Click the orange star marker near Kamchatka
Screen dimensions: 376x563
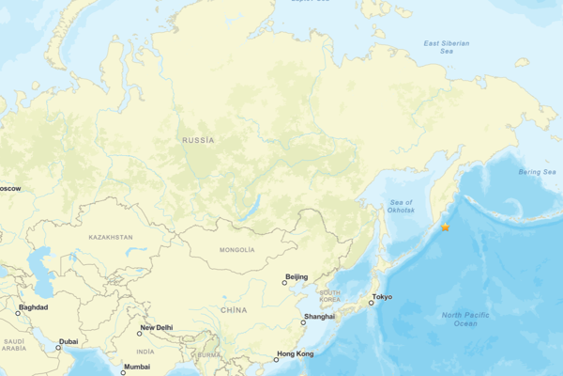pos(445,227)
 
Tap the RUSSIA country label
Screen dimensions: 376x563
pos(198,140)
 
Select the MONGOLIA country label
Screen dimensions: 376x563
pos(236,250)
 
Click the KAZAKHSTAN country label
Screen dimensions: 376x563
pos(111,238)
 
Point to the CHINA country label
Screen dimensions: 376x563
pos(234,309)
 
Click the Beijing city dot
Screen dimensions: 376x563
pos(284,282)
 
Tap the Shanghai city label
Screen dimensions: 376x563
pos(320,317)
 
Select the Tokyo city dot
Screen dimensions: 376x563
pos(371,303)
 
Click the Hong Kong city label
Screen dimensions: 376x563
pos(295,354)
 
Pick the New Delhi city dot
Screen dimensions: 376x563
pos(139,334)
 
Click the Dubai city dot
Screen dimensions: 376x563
pos(57,347)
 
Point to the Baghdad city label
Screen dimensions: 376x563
pos(32,307)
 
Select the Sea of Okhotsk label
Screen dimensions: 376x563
pos(402,207)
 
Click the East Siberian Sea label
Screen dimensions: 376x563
pos(445,47)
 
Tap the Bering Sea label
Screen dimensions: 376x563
pos(538,172)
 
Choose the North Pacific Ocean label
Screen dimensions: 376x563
pos(465,319)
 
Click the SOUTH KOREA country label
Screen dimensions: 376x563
pos(329,296)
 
